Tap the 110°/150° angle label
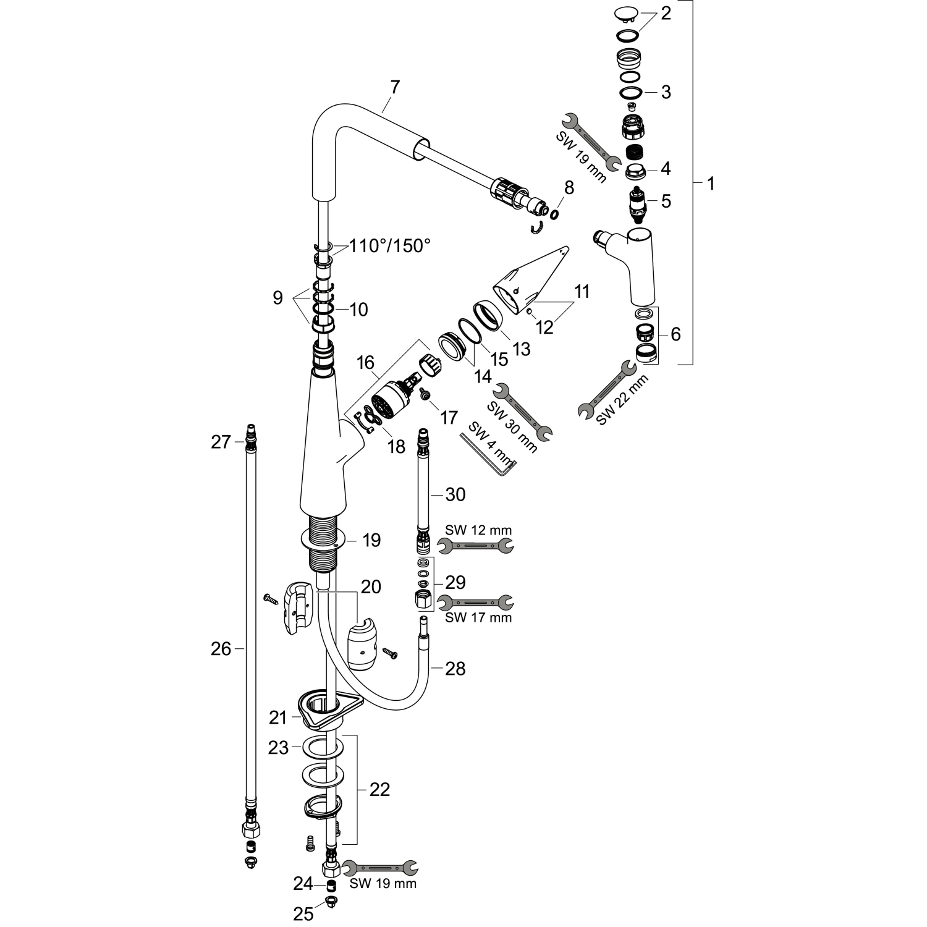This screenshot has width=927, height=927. coord(389,246)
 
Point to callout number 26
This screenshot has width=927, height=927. coord(221,649)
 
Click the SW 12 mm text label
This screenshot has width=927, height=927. coord(478,530)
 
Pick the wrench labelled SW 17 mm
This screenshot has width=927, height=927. coord(475,601)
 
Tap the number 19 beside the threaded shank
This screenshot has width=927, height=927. coord(371,540)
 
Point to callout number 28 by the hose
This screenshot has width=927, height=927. coord(455,668)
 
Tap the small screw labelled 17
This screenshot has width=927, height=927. coord(425,394)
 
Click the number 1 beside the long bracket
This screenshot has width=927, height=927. coord(711,184)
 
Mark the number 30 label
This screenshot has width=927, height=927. coord(455,494)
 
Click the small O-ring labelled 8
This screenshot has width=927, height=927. coord(554,214)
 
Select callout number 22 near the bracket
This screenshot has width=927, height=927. coord(380,789)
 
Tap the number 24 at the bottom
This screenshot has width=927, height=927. coord(303,884)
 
